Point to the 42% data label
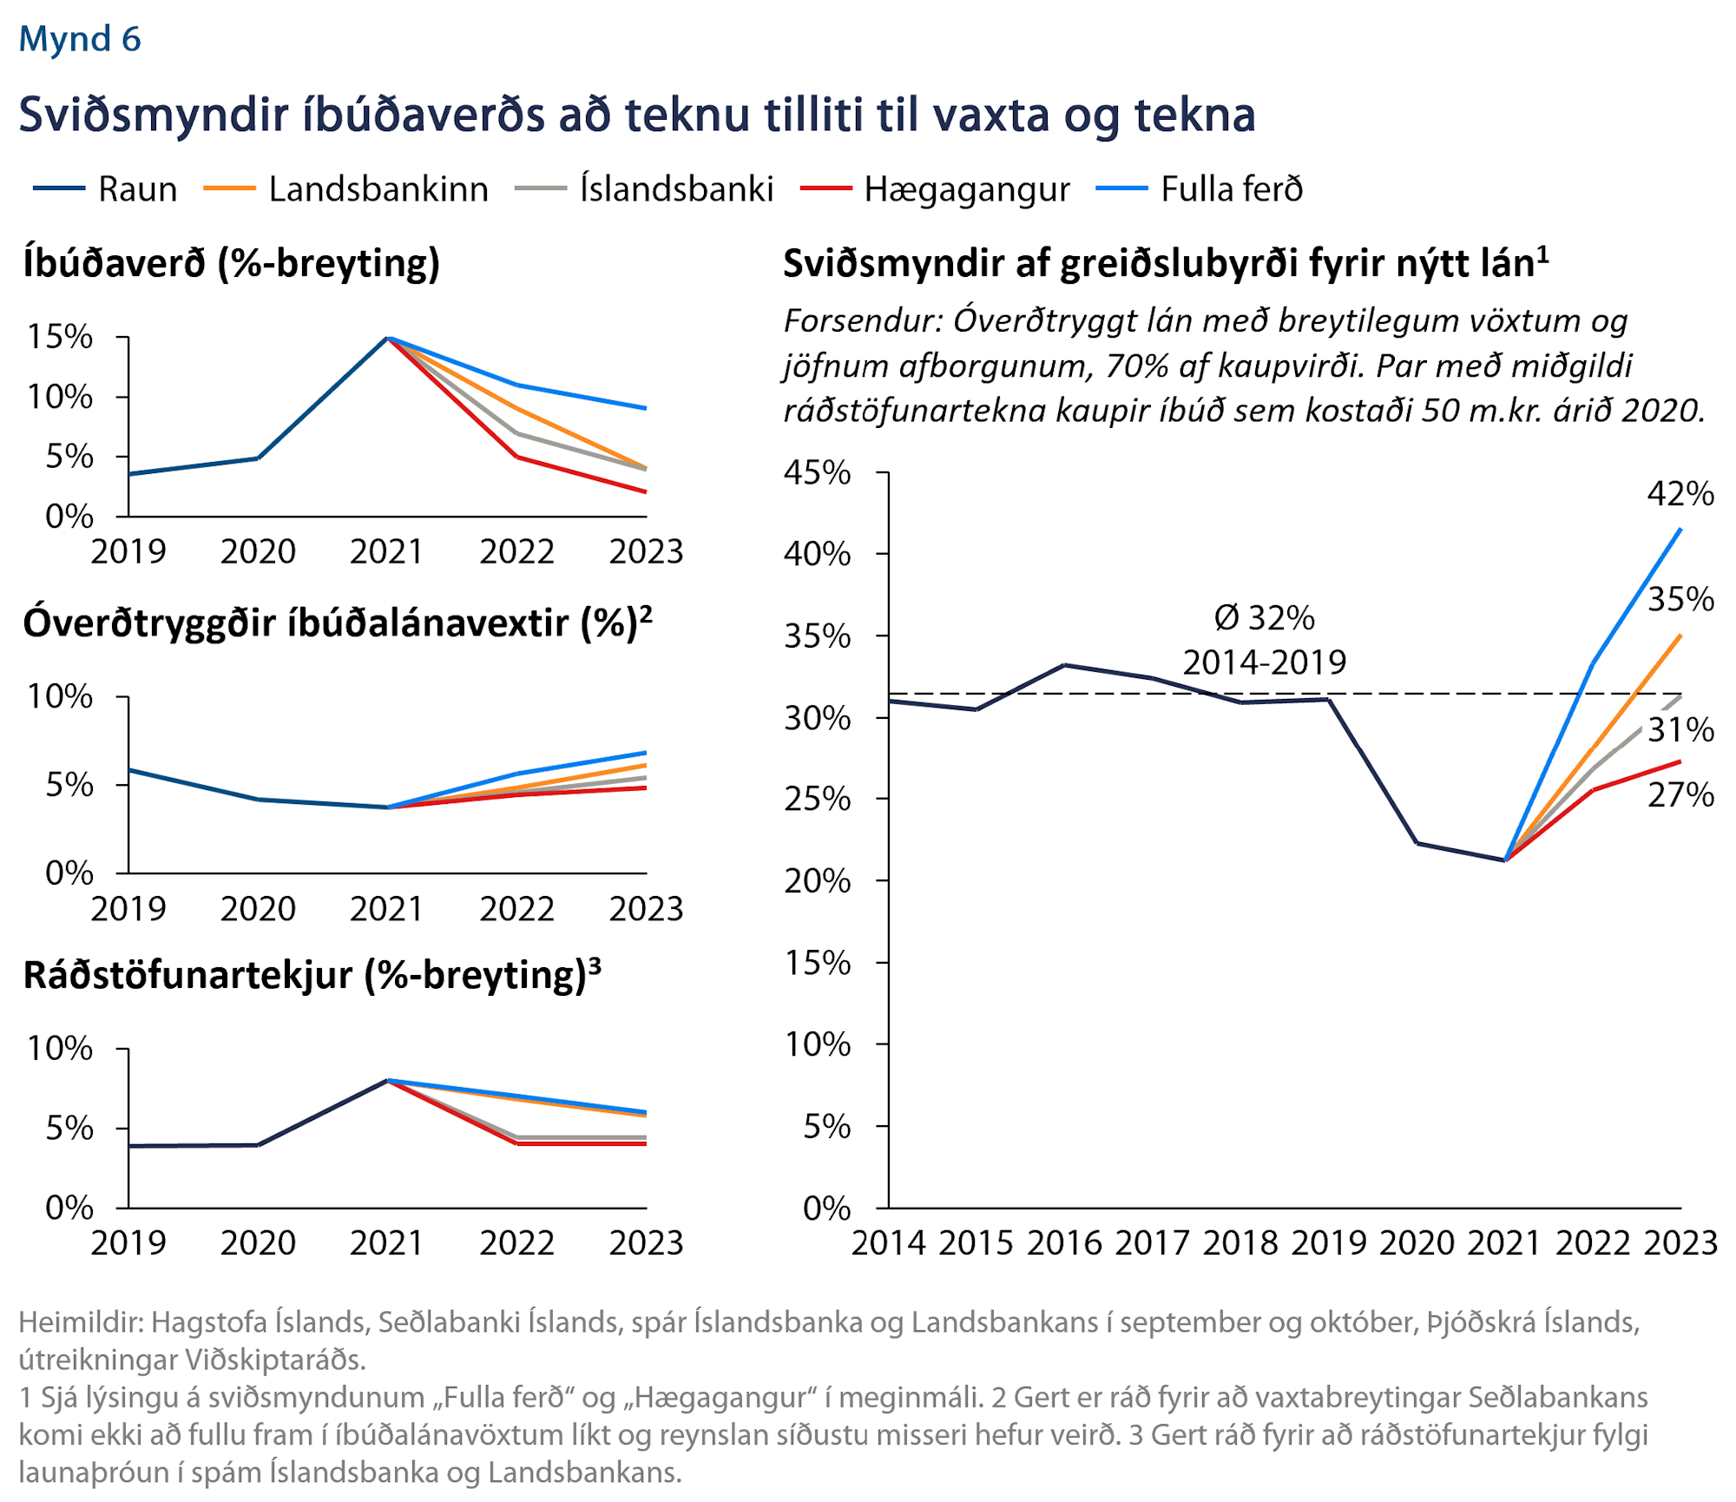pos(1680,494)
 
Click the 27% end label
pos(1680,794)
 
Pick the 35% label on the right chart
pos(1680,599)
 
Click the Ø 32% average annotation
pos(1264,618)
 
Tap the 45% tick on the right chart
pos(817,473)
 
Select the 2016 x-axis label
pos(1064,1242)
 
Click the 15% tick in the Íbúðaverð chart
pos(60,337)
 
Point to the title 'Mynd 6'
pos(80,39)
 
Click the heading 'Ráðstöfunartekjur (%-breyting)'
pos(312,975)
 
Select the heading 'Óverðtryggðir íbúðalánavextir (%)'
pos(337,623)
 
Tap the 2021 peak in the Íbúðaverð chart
pos(389,338)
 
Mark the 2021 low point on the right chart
pos(1505,860)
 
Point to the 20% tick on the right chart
pos(817,881)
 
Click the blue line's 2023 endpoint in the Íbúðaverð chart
pos(646,408)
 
